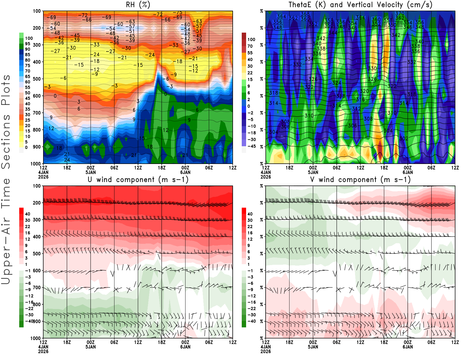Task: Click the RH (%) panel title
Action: [x=138, y=5]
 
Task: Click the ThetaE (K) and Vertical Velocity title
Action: [x=360, y=5]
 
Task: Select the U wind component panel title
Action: [x=138, y=180]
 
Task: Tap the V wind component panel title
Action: [x=360, y=180]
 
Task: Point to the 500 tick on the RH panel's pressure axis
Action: [x=37, y=79]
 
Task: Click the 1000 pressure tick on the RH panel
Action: [x=36, y=164]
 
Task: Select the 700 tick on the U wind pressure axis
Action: [x=37, y=288]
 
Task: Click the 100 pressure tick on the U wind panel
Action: [x=37, y=186]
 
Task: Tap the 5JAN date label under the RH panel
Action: [x=91, y=172]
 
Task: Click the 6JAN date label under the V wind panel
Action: [x=408, y=347]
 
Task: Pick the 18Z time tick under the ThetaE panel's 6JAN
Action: [x=384, y=168]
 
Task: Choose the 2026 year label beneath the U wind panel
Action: [x=43, y=351]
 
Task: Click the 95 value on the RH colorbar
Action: [x=27, y=44]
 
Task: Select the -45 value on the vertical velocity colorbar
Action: [x=251, y=146]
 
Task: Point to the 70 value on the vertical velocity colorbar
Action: [x=250, y=46]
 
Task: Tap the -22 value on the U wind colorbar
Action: [x=29, y=308]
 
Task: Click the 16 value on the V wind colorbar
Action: [x=250, y=233]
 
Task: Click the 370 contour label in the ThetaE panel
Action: [x=400, y=14]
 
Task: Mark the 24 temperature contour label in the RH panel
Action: [x=67, y=160]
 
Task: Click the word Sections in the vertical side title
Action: [x=6, y=141]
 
